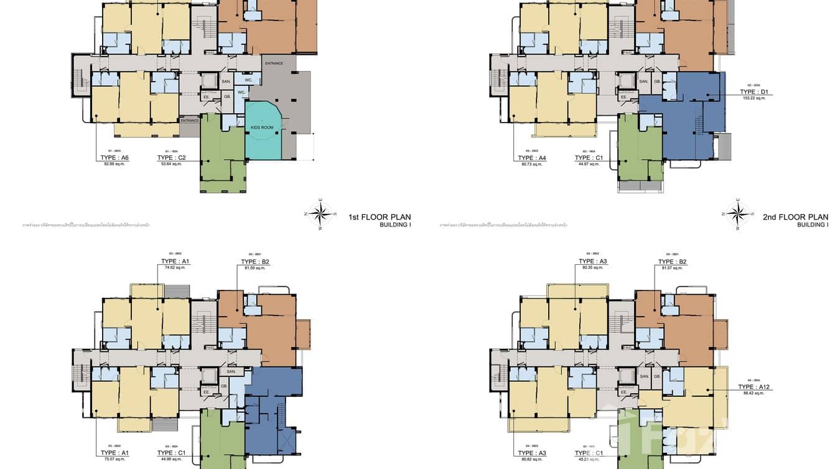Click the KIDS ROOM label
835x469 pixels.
coord(263,128)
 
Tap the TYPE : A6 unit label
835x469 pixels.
coord(114,158)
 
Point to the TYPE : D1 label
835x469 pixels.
coord(755,92)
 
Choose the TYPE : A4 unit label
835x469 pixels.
coord(532,158)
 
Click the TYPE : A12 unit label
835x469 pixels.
coord(754,387)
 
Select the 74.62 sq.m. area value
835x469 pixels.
coord(175,267)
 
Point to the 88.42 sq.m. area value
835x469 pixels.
coord(754,393)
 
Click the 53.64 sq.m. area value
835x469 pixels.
coord(171,164)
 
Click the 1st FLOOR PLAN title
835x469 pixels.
coord(380,217)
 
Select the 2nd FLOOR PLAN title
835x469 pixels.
coord(795,217)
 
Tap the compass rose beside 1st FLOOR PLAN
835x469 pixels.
coord(321,213)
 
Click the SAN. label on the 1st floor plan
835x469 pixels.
coord(226,81)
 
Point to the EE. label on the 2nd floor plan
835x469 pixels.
coord(623,97)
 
